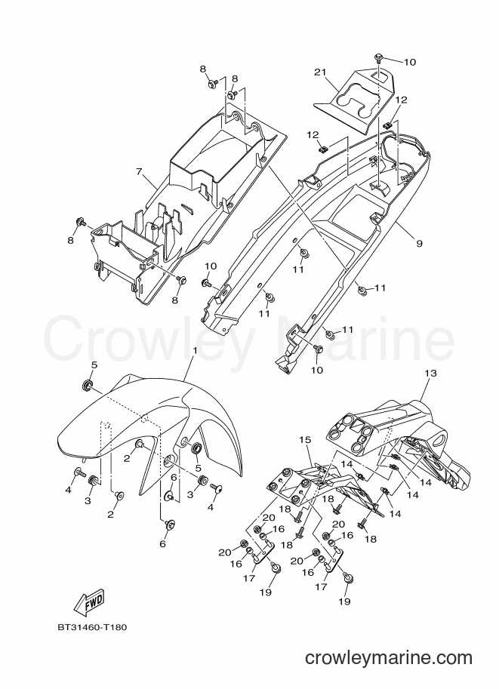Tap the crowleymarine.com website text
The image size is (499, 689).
point(389,657)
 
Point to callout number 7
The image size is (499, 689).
point(140,171)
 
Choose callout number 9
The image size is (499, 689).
point(419,242)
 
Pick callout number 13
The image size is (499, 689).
point(431,373)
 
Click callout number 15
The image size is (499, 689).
point(305,439)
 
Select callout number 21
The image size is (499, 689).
point(319,71)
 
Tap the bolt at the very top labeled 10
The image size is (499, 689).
point(378,57)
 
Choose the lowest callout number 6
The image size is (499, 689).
point(162,544)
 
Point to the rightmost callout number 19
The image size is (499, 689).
point(345,601)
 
